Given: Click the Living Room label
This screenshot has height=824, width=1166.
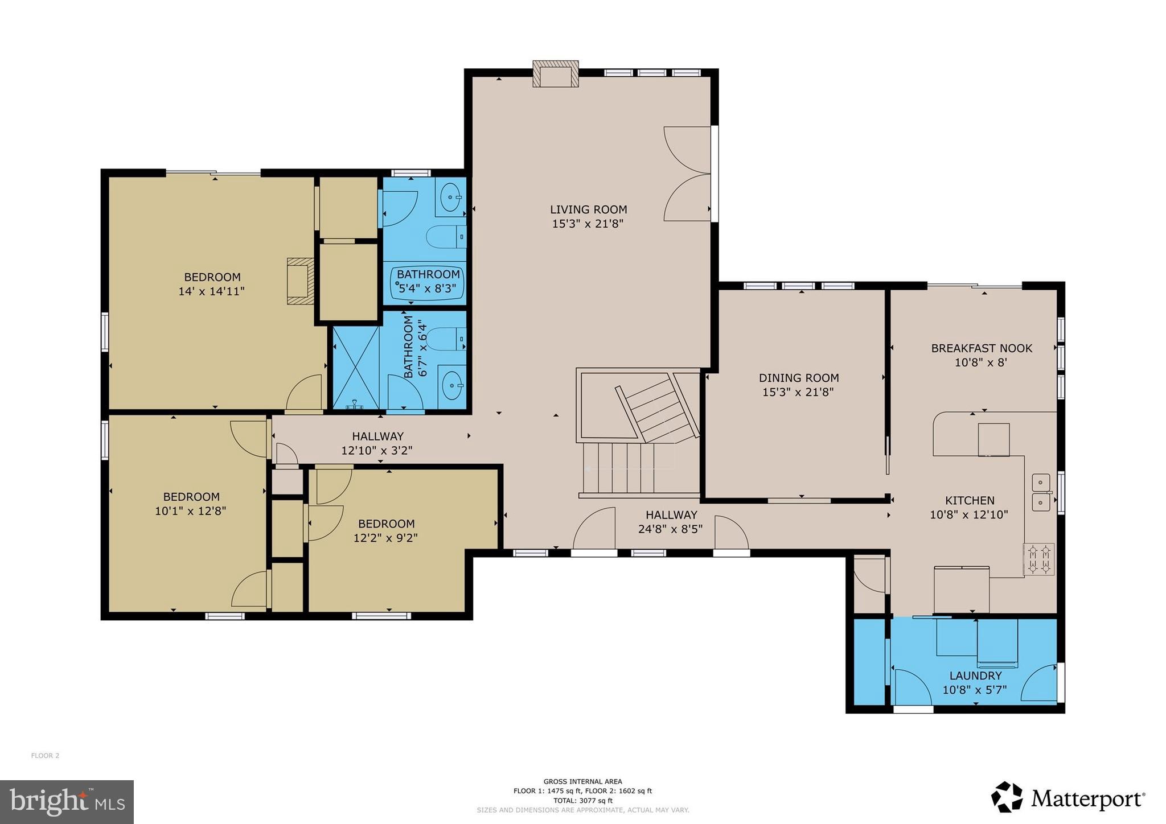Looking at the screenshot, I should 588,209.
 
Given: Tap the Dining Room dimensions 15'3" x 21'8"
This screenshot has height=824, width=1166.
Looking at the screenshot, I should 798,392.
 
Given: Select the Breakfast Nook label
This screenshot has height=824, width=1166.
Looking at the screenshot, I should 981,348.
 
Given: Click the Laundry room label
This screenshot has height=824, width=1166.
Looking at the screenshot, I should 975,675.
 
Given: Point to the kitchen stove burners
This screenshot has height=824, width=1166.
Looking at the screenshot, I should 1038,559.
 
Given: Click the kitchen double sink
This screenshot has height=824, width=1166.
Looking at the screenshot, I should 1041,492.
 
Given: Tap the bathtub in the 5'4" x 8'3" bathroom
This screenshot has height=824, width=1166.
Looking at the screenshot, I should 428,283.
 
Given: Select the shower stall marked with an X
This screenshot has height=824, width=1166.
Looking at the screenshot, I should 356,367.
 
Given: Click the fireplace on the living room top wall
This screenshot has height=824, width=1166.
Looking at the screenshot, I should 555,75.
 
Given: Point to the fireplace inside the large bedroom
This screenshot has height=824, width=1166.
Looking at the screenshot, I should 301,281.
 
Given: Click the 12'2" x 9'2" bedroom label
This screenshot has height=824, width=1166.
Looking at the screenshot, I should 386,524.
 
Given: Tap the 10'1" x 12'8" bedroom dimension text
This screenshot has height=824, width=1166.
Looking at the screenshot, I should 190,511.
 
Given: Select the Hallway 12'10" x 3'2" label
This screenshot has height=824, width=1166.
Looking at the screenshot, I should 377,436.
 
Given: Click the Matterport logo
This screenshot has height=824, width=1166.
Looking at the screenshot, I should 1068,798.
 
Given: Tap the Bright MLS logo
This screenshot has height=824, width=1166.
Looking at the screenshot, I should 67,801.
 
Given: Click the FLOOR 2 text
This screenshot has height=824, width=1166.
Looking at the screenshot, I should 45,756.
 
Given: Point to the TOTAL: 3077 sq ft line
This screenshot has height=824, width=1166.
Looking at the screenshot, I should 582,800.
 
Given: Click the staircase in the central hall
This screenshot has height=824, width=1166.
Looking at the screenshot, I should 638,432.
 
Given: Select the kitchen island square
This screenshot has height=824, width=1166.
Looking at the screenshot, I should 993,439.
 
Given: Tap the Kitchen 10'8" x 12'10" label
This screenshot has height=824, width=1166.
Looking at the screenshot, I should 969,501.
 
